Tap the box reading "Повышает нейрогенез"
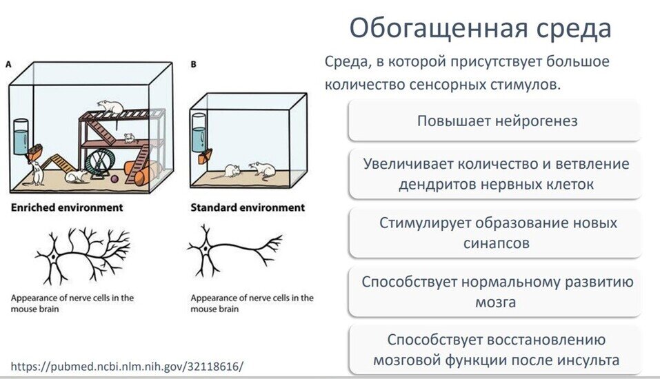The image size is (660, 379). [x=497, y=121]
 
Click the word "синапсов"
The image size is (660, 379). [x=497, y=243]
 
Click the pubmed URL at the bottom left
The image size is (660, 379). [x=128, y=365]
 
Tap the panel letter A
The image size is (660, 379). [x=8, y=64]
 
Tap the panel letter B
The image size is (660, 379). [x=194, y=64]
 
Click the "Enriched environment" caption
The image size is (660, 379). [x=66, y=207]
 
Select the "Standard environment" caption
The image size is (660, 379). [x=247, y=207]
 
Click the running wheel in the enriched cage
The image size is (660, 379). [x=100, y=162]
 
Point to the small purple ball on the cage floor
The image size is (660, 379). [x=114, y=178]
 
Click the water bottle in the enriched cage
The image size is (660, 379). [x=21, y=136]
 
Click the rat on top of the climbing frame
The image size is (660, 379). [x=109, y=107]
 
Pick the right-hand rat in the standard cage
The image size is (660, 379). [x=262, y=168]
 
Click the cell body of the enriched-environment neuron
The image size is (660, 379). [x=52, y=257]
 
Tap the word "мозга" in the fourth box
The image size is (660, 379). [x=496, y=302]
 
